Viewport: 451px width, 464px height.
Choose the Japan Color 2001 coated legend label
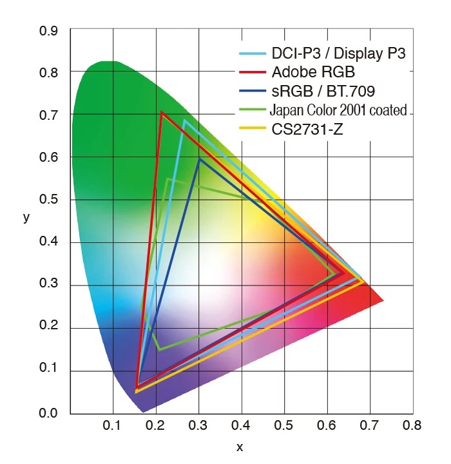[x=338, y=110]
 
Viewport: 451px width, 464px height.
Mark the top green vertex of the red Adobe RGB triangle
[x=161, y=113]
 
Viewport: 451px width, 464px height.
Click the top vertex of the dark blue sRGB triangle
[x=199, y=159]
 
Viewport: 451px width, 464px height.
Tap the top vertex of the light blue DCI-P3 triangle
[x=184, y=121]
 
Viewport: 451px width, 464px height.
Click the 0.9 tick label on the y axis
[x=48, y=30]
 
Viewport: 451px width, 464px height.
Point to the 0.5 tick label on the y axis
[x=48, y=200]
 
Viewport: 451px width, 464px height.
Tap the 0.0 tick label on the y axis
[x=48, y=413]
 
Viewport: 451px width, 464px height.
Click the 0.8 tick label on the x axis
[x=412, y=426]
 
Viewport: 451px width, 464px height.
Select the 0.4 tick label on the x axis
[x=242, y=426]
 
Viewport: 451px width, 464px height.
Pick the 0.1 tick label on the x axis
[x=113, y=426]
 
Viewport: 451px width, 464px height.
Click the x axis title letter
[x=240, y=447]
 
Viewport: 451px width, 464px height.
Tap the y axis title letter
[x=26, y=217]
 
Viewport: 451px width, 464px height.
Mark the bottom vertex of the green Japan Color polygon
[x=158, y=349]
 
